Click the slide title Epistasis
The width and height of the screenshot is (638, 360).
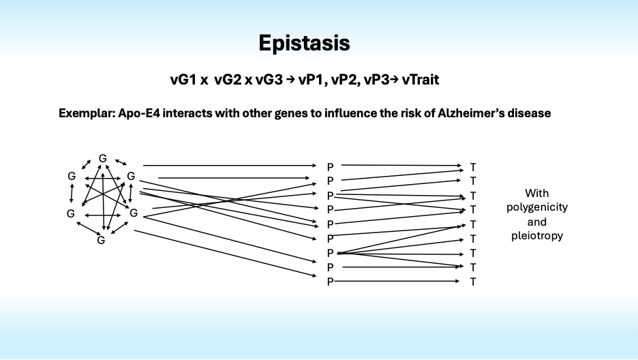pos(304,44)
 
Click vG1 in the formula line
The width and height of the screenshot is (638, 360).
pos(182,80)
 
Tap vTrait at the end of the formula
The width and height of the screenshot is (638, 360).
pos(420,80)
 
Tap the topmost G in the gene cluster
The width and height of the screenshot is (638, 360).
pos(102,158)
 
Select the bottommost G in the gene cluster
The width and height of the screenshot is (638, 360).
pos(101,240)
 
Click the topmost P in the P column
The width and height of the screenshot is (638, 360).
pos(330,166)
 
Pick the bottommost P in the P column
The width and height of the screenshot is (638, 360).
pos(330,282)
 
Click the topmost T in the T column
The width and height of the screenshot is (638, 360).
pos(473,166)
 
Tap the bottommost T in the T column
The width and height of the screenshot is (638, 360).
pos(473,282)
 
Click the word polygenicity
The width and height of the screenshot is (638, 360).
pos(537,207)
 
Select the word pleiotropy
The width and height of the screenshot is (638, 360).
pos(537,236)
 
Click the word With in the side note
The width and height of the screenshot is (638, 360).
pos(537,193)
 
